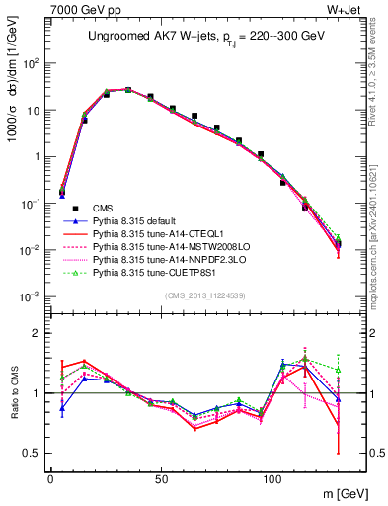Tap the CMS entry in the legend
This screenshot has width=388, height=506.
(x=104, y=208)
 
